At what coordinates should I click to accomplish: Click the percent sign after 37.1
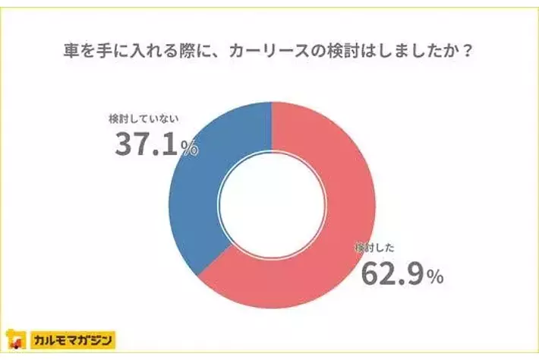(x=190, y=148)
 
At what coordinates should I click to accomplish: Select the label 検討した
(x=375, y=248)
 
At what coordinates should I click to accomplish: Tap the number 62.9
(x=391, y=273)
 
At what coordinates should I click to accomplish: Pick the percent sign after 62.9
(x=434, y=278)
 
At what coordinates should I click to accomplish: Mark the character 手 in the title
(x=105, y=54)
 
